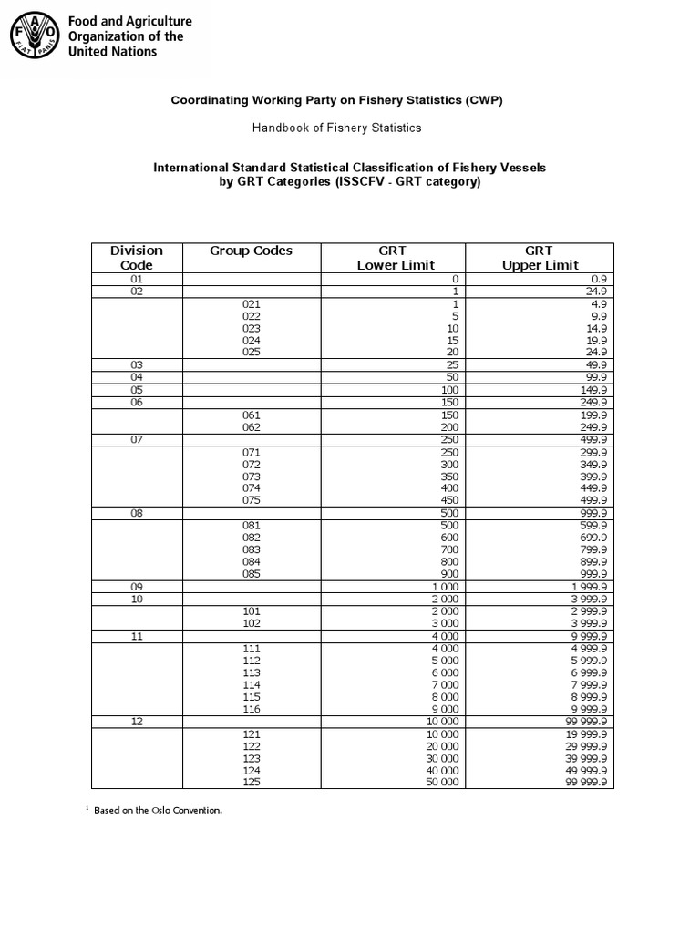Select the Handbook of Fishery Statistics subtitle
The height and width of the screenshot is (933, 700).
click(336, 128)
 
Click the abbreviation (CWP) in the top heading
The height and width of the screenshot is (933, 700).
click(482, 100)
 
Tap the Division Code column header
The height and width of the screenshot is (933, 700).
click(136, 258)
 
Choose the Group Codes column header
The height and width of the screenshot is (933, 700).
click(252, 251)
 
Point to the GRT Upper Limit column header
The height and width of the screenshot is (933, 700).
click(540, 258)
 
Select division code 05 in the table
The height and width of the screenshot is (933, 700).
click(137, 390)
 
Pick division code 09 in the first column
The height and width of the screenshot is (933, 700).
click(137, 587)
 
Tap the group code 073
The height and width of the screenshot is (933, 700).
click(252, 476)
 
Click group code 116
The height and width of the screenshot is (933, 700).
click(252, 709)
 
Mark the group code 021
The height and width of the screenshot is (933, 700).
click(252, 303)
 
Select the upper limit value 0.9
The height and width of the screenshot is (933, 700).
click(599, 279)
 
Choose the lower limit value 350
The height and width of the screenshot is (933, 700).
click(449, 476)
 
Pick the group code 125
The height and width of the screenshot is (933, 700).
click(252, 783)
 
